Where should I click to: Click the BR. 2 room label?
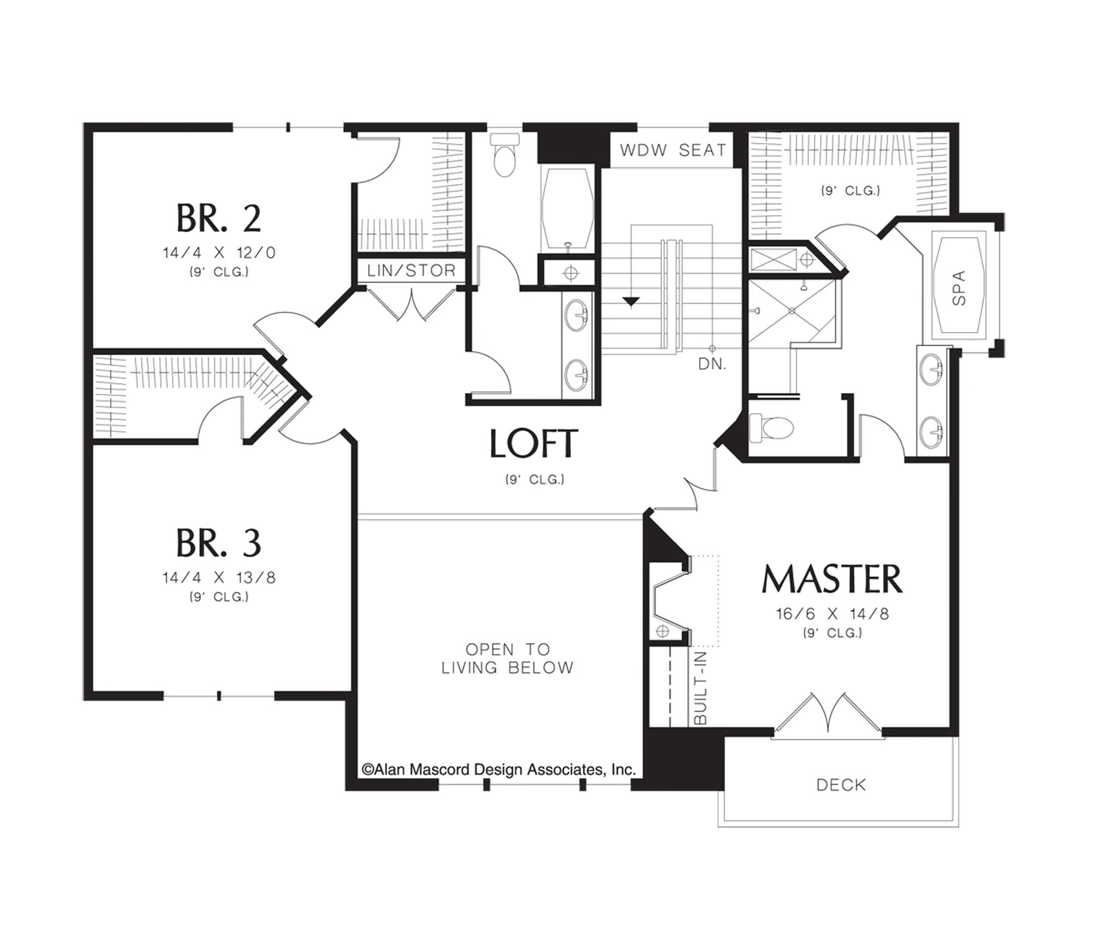coord(219,218)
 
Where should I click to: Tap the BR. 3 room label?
coord(219,543)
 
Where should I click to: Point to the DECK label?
coord(841,785)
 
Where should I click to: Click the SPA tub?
coord(958,288)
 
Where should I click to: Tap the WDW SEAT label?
coord(673,150)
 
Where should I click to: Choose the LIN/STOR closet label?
coord(411,270)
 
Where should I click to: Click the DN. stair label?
coord(712,364)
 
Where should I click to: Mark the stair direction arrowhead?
coord(631,302)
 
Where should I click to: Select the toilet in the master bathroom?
coord(771,427)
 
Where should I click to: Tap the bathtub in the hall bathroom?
coord(567,208)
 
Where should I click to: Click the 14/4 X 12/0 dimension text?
coord(219,253)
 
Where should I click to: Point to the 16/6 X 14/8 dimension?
coord(832,614)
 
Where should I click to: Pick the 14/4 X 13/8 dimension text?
coord(219,577)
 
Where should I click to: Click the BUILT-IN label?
coord(700,688)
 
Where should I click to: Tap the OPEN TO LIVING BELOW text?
coord(507,658)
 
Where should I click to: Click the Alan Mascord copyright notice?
coord(498,769)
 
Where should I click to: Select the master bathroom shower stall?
coord(792,311)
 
